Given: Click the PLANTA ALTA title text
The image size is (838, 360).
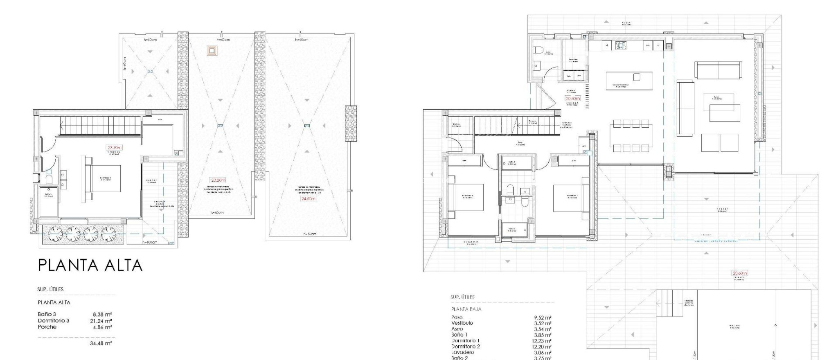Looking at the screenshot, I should [x=90, y=265].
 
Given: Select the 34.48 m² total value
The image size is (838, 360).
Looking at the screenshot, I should [x=101, y=344].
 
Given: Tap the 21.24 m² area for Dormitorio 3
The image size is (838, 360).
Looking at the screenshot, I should [x=101, y=321].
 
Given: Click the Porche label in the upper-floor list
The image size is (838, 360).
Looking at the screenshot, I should [x=47, y=327].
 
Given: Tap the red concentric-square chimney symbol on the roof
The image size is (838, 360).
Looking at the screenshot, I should [x=212, y=51].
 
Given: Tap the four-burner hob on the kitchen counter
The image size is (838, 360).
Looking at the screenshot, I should [x=621, y=46].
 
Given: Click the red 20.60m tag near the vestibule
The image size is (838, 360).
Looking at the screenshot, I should [x=573, y=99].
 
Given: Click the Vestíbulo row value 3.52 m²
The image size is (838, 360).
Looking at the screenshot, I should [x=543, y=323].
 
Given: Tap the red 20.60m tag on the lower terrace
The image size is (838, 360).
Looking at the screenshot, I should [x=739, y=273].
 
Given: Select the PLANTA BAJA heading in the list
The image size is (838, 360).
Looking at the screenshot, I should [x=466, y=309].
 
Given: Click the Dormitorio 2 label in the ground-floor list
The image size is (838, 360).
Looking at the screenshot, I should [x=466, y=346].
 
